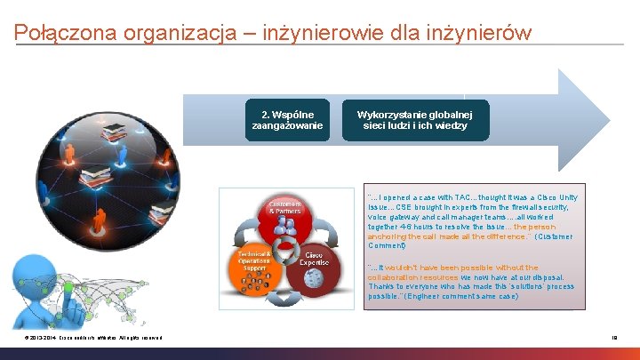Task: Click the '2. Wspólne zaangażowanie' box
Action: pos(287,121)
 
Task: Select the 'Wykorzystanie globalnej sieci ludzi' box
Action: pos(414,121)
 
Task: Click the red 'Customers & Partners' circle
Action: pos(284,213)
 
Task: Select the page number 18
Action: pos(612,338)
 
